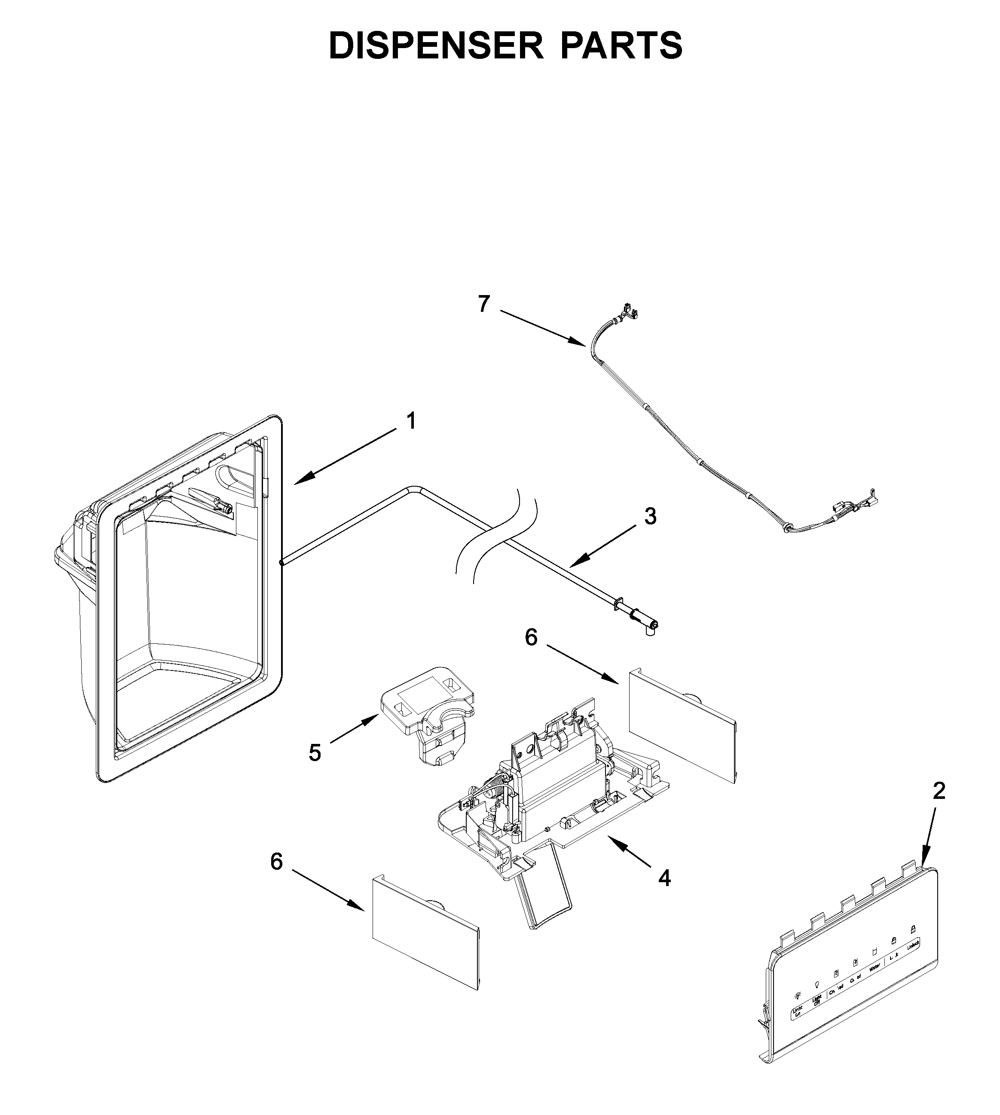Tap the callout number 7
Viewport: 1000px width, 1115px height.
tap(483, 304)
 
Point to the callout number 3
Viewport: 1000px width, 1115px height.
tap(650, 516)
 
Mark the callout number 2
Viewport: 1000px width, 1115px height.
tap(939, 791)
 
